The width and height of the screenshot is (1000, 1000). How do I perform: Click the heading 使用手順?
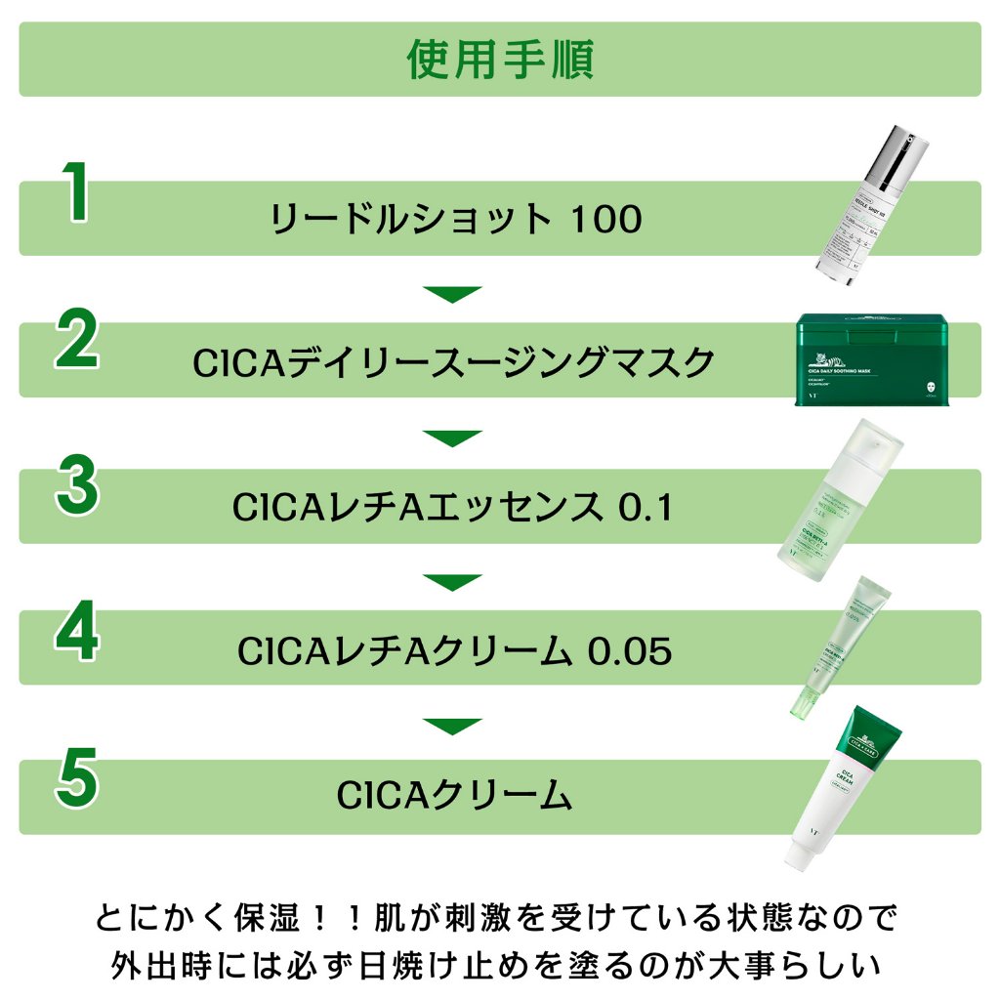click(500, 60)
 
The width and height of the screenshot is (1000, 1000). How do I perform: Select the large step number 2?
click(76, 341)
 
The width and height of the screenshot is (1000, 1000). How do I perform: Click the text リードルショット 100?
click(456, 219)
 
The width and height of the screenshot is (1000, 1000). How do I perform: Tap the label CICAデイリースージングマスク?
click(454, 363)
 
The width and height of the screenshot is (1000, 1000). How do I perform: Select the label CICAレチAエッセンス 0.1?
click(453, 508)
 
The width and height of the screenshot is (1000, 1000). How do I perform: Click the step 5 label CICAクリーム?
click(454, 796)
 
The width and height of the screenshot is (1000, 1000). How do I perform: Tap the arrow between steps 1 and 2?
click(452, 293)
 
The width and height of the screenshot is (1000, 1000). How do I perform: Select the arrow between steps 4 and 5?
click(452, 726)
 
